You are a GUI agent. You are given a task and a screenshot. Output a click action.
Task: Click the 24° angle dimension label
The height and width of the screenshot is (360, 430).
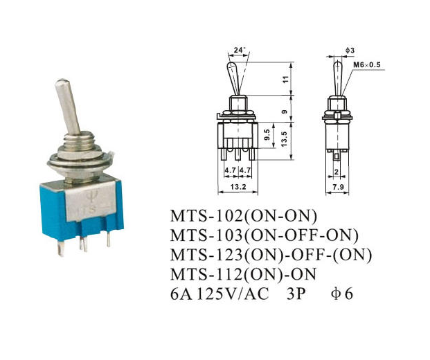point(240,50)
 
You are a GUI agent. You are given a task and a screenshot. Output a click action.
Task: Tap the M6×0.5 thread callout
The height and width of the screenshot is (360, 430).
point(367,65)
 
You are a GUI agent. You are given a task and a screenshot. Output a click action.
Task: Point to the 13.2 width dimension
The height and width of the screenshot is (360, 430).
point(238,187)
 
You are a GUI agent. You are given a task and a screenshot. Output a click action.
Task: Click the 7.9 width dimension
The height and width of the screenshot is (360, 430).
point(338,187)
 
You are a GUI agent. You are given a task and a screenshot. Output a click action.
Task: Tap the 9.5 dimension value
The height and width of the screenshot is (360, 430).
point(267,134)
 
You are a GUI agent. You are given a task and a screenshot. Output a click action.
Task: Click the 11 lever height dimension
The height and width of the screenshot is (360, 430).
point(286,80)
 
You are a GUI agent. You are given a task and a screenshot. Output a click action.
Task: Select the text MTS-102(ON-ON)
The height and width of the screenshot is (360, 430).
point(244,216)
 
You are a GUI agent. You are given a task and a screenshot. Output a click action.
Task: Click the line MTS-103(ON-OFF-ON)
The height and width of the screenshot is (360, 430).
point(265,235)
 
